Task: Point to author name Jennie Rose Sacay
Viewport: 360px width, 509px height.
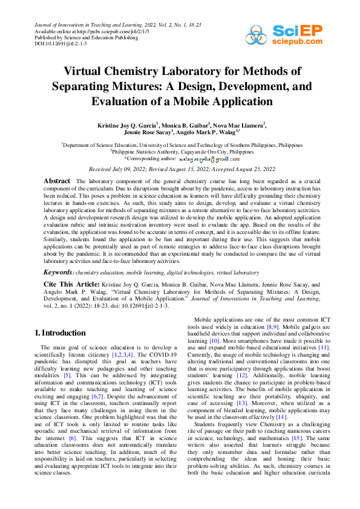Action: (x=148, y=132)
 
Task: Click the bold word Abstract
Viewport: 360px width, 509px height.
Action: (x=57, y=181)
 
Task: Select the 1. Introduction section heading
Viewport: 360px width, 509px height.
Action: (x=60, y=332)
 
